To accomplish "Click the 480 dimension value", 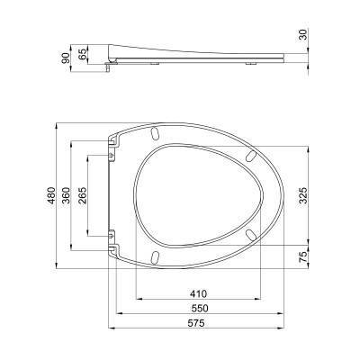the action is click(x=51, y=195).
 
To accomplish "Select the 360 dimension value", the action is click(x=66, y=195).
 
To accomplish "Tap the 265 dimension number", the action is click(x=82, y=195).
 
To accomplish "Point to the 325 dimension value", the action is click(x=303, y=195).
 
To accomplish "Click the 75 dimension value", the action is click(x=303, y=257).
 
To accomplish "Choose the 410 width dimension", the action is click(x=198, y=293).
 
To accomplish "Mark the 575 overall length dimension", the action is click(x=196, y=323).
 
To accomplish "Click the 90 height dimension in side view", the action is click(x=65, y=58).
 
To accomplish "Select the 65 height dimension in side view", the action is click(x=83, y=53).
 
